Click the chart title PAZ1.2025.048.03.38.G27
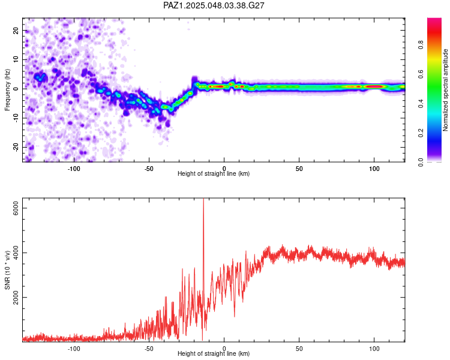coord(214,5)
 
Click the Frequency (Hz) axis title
coord(7,90)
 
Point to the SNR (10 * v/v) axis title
coord(7,270)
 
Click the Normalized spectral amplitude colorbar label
coord(445,90)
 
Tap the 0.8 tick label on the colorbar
coord(421,45)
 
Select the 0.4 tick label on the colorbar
coord(421,104)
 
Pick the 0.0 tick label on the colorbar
coord(421,163)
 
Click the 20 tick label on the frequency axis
coord(16,30)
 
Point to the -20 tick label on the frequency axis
coord(16,147)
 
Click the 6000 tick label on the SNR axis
coord(16,208)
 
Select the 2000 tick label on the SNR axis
coord(16,297)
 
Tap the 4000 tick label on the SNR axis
coord(16,253)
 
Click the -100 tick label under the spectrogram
coord(74,169)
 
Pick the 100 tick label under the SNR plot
coord(374,349)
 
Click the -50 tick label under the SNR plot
coord(149,349)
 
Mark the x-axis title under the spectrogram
coord(214,173)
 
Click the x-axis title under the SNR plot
coord(214,353)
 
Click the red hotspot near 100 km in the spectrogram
coord(374,86)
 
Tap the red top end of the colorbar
coord(434,20)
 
